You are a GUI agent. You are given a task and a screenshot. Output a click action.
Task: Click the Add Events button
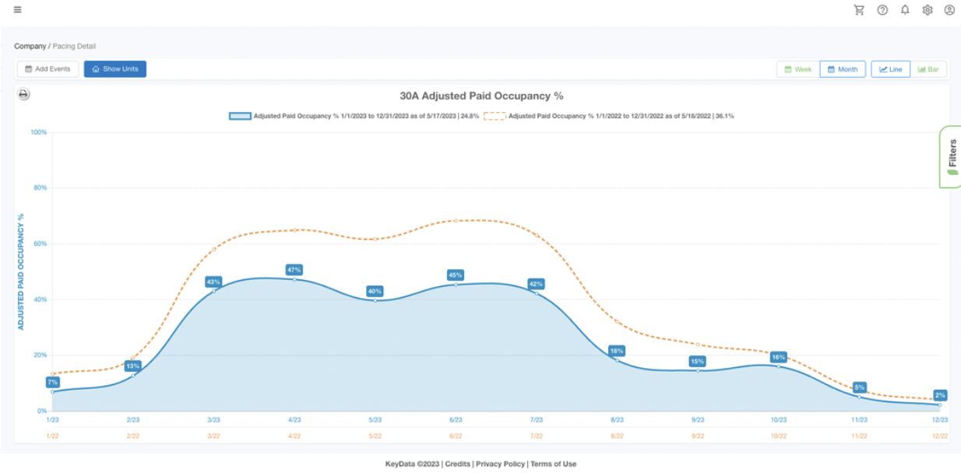coord(48,69)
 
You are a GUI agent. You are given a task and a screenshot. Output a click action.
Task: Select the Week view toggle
coord(798,69)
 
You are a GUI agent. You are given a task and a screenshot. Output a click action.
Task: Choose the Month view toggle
coord(843,69)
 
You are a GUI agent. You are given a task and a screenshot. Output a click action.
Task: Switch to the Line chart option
coord(890,69)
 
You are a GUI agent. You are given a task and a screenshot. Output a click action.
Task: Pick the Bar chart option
coord(928,69)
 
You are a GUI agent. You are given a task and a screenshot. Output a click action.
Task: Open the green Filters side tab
coord(951,156)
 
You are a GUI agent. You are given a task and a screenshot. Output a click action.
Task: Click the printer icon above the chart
coord(24,95)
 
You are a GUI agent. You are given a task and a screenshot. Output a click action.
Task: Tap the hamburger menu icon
coord(18,10)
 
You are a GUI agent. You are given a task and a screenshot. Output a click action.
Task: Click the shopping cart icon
coord(859,10)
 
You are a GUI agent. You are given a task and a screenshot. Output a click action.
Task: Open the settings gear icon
coord(928,10)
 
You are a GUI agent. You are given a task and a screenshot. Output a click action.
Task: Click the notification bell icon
coord(905,10)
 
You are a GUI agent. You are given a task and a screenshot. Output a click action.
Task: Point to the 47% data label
coord(294,270)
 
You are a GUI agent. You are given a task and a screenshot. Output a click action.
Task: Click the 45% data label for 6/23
coord(456,275)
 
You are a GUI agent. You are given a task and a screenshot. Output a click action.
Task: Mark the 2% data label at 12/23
coord(940,395)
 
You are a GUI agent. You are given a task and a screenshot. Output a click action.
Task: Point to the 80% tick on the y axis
coord(38,188)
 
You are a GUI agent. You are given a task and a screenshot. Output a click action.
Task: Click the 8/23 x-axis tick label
coord(617,420)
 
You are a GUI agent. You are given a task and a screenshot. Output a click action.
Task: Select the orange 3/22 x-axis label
coord(213,436)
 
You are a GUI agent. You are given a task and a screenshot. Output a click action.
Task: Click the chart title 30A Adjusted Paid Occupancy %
coord(481,96)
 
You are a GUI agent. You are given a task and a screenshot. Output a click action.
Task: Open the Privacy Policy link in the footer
coord(500,464)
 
